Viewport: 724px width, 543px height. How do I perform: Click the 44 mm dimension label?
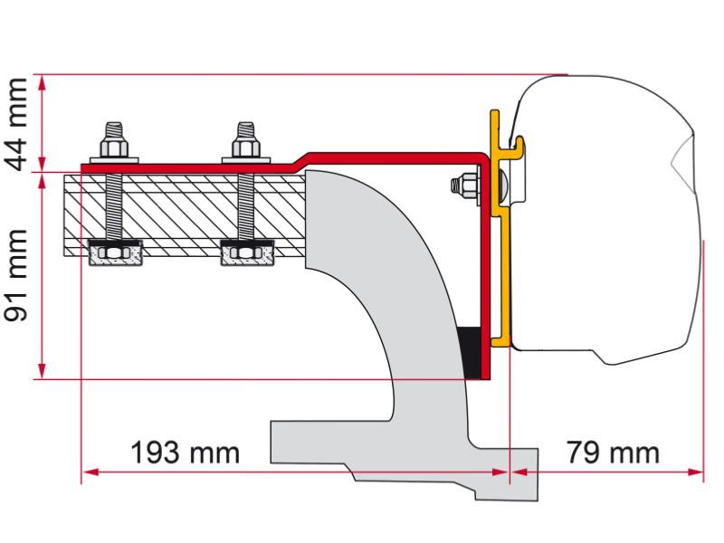pos(17,123)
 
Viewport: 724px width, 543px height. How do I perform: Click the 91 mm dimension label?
pos(17,275)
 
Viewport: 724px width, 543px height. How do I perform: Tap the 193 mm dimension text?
pos(186,452)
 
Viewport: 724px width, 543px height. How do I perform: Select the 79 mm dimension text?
pos(613,452)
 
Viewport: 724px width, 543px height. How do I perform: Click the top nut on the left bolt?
pos(113,148)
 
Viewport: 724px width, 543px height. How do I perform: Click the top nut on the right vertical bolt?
pos(244,148)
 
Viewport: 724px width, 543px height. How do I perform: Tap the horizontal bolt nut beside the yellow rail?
pos(461,186)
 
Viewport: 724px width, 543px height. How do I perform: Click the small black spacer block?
pos(471,353)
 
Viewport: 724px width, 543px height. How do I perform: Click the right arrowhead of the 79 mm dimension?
pos(698,472)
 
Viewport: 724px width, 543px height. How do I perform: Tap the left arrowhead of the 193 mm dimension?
pos(88,472)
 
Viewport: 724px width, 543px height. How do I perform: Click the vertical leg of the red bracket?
pos(487,271)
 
